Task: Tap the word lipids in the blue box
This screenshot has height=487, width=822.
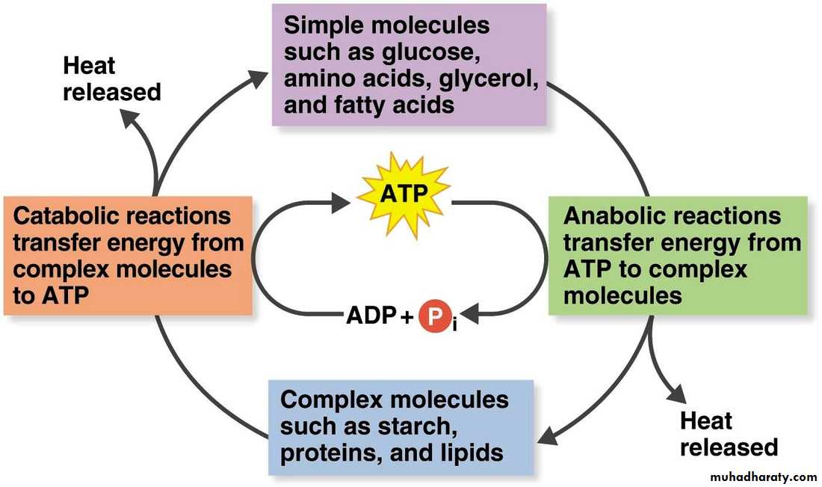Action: (x=472, y=452)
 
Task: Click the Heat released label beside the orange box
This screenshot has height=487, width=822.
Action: (x=111, y=79)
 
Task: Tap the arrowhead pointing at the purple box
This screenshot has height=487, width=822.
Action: (x=258, y=77)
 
